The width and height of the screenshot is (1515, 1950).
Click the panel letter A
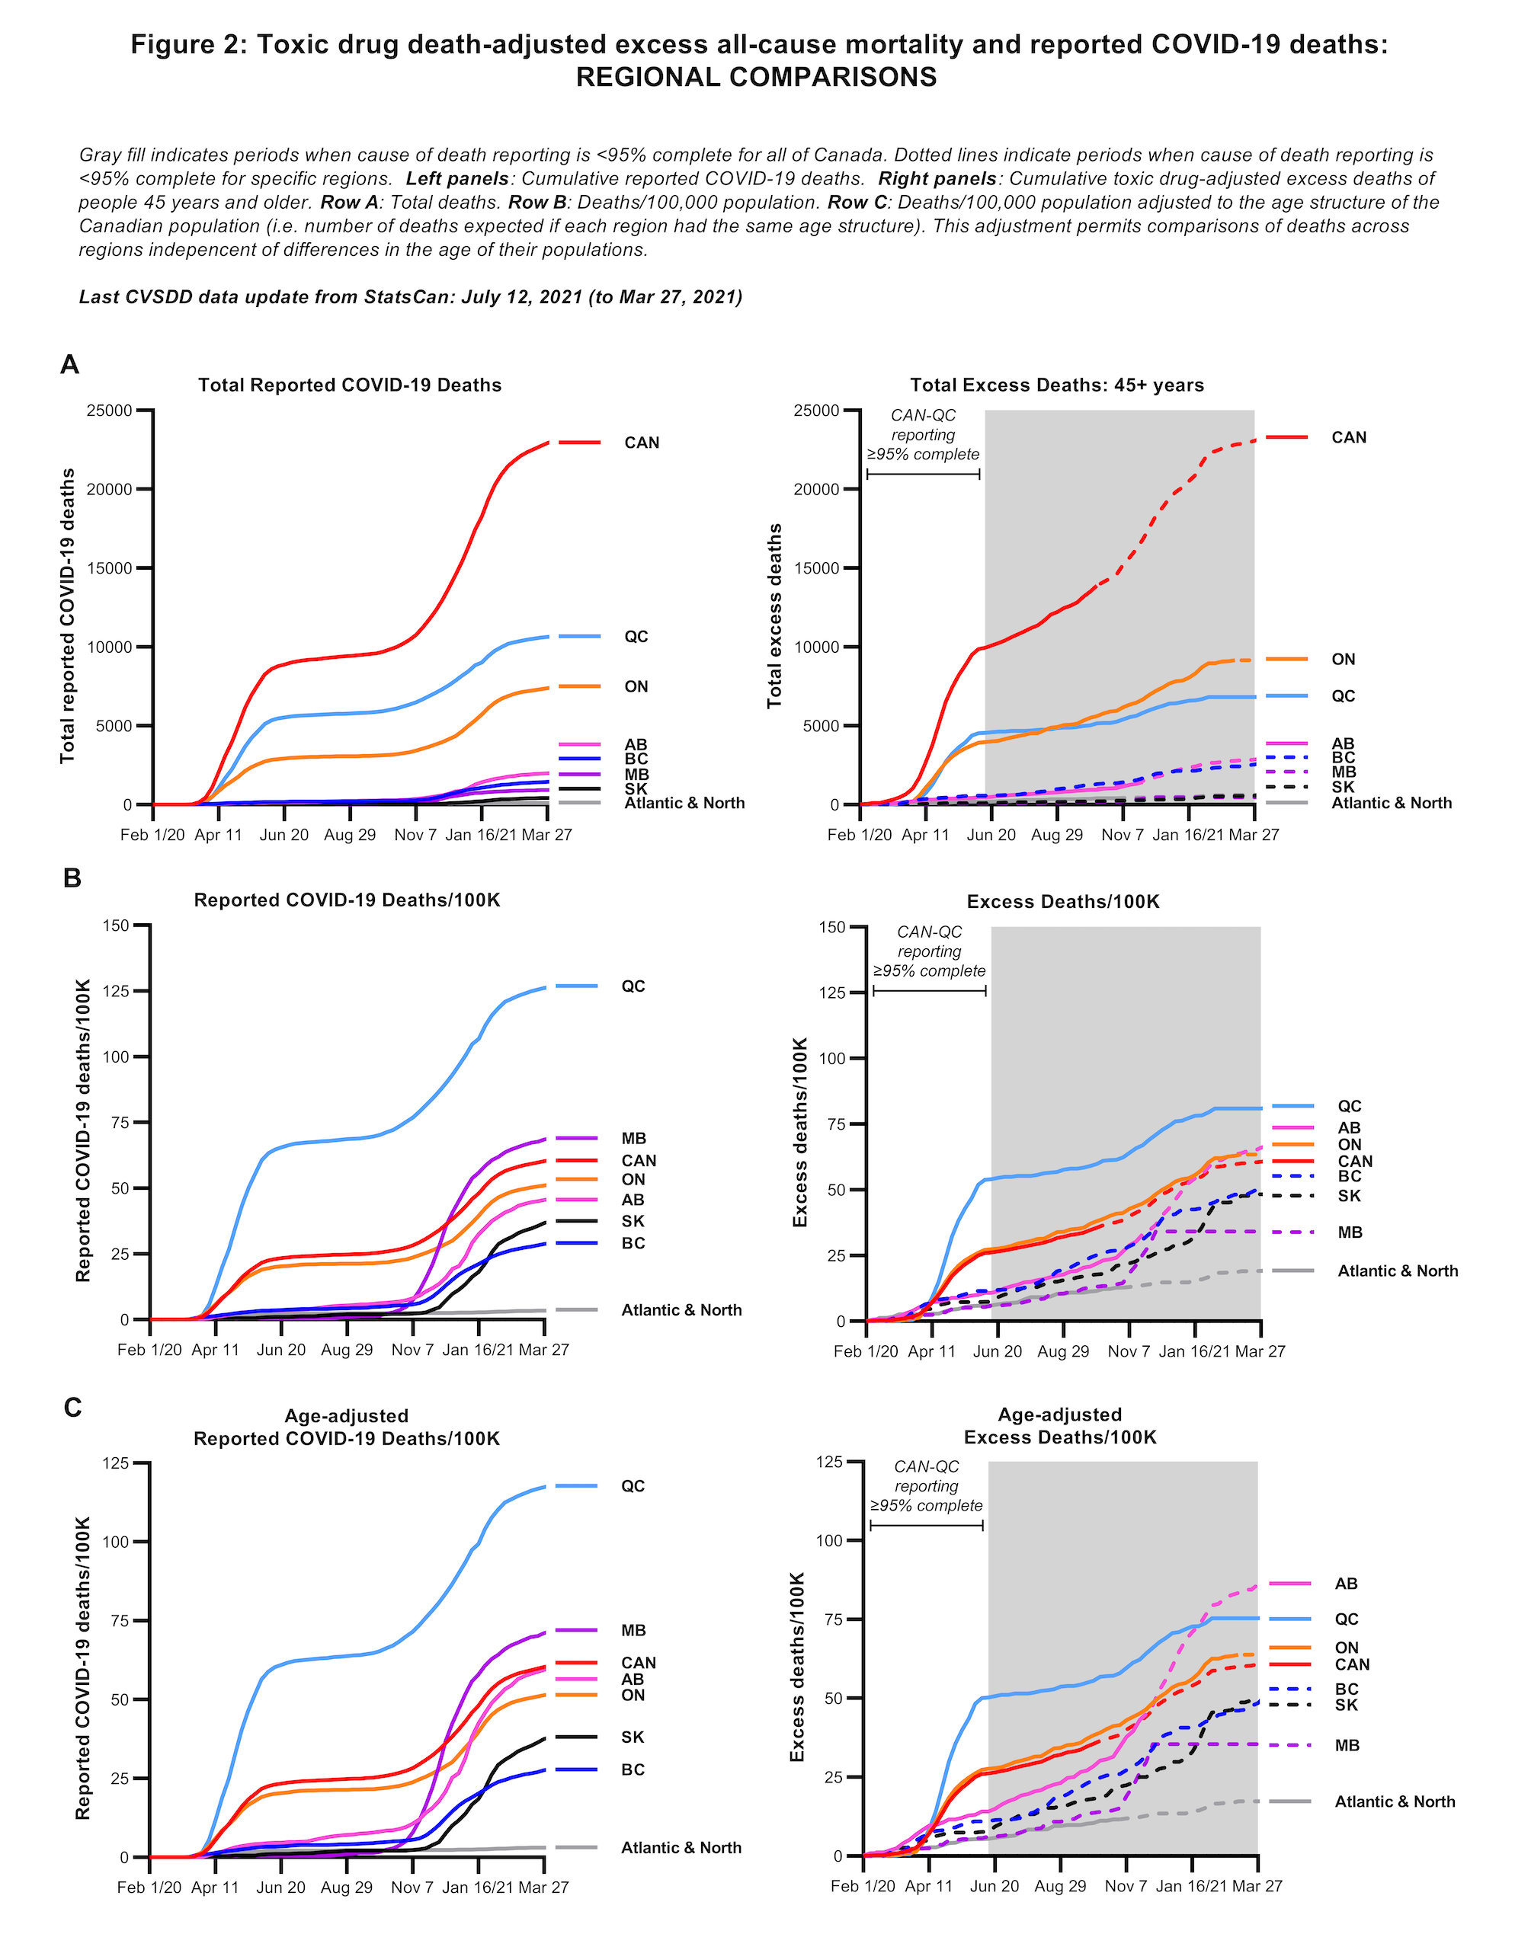[69, 364]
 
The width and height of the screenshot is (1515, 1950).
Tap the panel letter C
[72, 1407]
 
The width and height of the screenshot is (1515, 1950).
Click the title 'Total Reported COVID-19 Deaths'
[349, 385]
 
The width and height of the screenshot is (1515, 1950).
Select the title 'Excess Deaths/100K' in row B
[1063, 902]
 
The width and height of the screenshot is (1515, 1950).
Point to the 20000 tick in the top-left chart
[110, 489]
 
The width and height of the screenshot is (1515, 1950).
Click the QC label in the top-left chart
[636, 637]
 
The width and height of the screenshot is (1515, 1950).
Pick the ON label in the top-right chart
[1343, 659]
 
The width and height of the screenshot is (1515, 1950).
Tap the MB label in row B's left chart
[633, 1139]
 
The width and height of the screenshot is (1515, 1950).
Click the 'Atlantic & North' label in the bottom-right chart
[1395, 1801]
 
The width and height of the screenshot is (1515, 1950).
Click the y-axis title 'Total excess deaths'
[774, 616]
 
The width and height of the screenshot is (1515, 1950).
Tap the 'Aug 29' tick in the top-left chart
[350, 835]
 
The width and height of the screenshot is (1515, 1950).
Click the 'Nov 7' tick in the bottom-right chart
[1126, 1887]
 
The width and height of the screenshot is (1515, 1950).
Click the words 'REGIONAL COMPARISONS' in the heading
[757, 78]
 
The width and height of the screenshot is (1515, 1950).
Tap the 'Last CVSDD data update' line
[411, 297]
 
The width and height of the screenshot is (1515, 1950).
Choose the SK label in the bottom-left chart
[633, 1737]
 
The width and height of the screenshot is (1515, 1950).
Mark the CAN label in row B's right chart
[1354, 1161]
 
